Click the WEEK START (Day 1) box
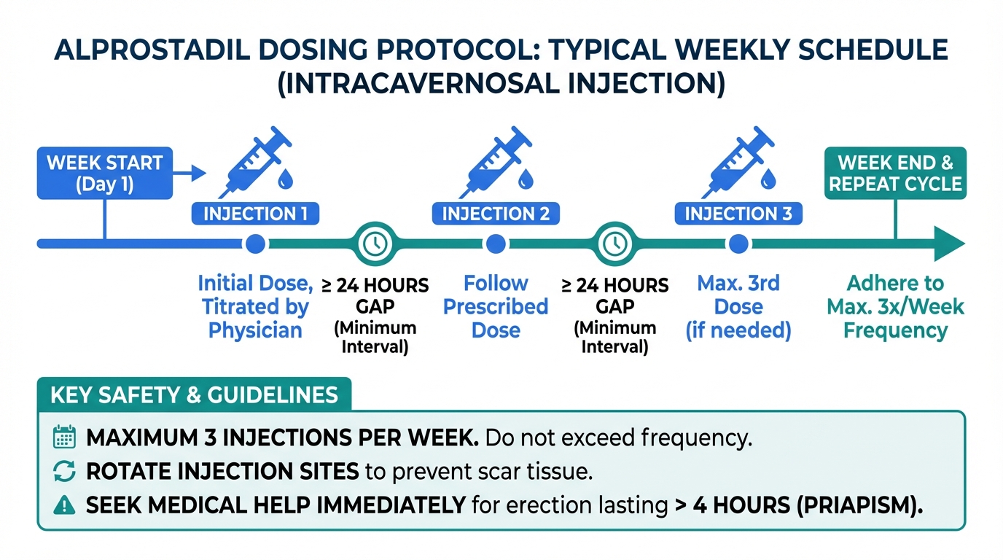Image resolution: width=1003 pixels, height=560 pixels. point(105,173)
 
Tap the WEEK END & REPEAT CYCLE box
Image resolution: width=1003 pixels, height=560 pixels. point(896,173)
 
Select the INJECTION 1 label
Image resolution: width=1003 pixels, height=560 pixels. point(255,214)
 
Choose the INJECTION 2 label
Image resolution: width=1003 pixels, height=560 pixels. point(496,214)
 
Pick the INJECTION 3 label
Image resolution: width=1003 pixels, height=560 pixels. point(738,214)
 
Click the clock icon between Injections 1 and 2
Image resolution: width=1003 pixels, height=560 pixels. point(375,244)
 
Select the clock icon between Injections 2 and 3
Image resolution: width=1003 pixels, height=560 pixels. point(615,244)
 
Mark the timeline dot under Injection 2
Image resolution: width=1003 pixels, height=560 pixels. point(496,244)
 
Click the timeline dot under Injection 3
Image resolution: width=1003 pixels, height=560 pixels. point(738,244)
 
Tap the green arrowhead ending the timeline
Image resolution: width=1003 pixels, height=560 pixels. point(948,244)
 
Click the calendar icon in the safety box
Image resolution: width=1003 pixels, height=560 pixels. point(64,437)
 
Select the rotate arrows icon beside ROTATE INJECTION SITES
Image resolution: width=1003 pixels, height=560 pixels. point(64,471)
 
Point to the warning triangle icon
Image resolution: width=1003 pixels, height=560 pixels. point(64,505)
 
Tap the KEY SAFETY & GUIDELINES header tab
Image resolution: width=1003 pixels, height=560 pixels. point(195,394)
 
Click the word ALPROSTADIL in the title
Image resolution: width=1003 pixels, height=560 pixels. point(152,50)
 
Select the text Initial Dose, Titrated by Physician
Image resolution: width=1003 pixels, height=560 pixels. point(255,307)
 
